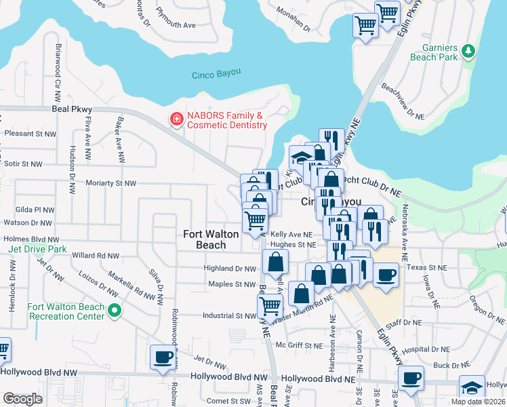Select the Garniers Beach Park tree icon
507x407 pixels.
tap(468, 50)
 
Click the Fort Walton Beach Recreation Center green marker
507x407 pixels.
tap(115, 311)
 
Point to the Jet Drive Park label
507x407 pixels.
tap(38, 249)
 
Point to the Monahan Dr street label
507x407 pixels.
tap(292, 20)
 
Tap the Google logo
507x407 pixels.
tap(22, 399)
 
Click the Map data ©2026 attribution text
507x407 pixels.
tap(477, 402)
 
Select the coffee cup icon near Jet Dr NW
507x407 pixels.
tap(163, 357)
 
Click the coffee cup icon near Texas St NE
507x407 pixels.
tap(386, 275)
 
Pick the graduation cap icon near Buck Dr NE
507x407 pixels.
tap(472, 387)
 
